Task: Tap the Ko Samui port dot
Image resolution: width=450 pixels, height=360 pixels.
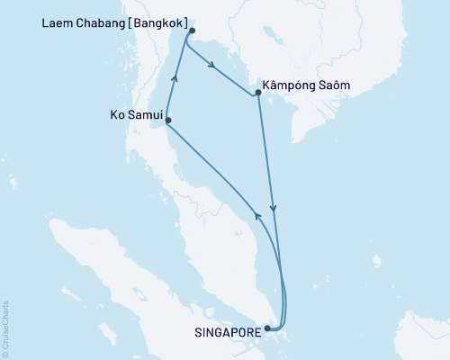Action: click(167, 121)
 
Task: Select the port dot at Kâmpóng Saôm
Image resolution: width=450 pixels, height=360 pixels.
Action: click(258, 93)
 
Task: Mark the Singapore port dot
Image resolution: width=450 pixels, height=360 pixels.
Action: click(266, 330)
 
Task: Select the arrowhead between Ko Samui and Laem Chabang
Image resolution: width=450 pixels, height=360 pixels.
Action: click(175, 80)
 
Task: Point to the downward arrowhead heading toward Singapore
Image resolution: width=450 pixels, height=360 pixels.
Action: click(274, 210)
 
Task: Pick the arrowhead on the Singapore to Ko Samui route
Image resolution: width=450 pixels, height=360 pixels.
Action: click(256, 214)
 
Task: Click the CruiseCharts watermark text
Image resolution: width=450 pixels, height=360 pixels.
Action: click(5, 328)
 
